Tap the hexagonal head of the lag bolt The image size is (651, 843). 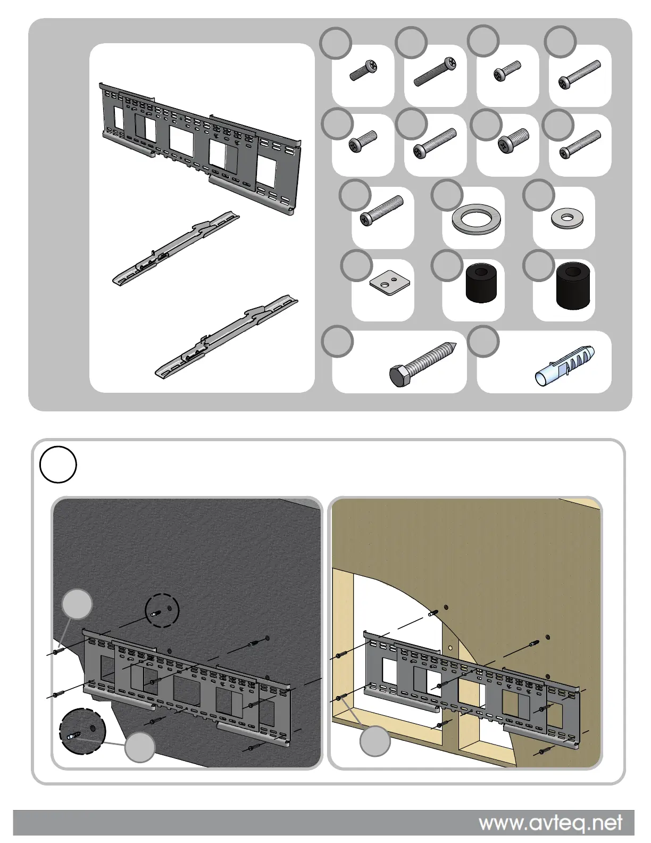click(398, 377)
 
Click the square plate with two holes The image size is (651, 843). click(390, 283)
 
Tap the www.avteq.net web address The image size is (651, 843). click(550, 823)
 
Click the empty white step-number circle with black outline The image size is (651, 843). click(59, 464)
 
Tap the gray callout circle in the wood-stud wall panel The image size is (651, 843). click(375, 741)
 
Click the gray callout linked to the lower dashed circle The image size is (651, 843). click(140, 747)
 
